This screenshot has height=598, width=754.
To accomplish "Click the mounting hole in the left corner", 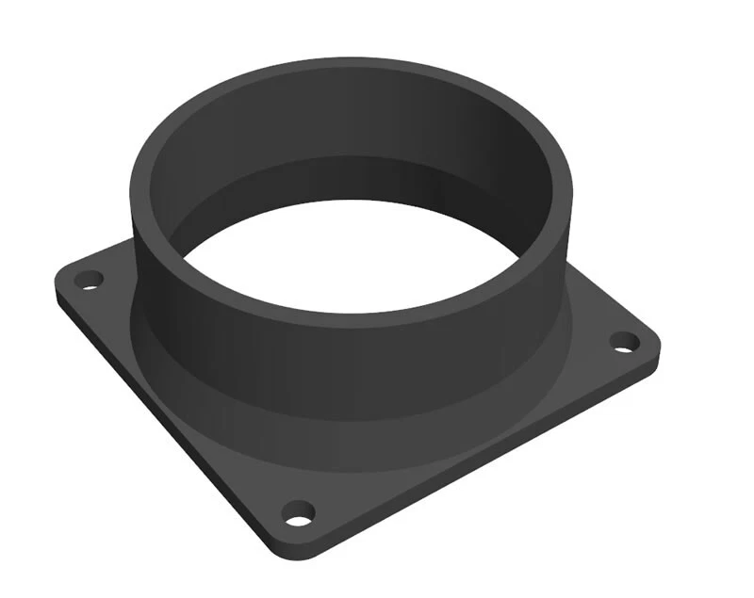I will coord(90,279).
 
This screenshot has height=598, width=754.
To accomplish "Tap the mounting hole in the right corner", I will coord(623,341).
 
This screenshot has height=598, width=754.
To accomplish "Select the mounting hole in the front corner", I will coord(299,514).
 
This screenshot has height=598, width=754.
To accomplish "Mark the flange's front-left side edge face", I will coord(160,424).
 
